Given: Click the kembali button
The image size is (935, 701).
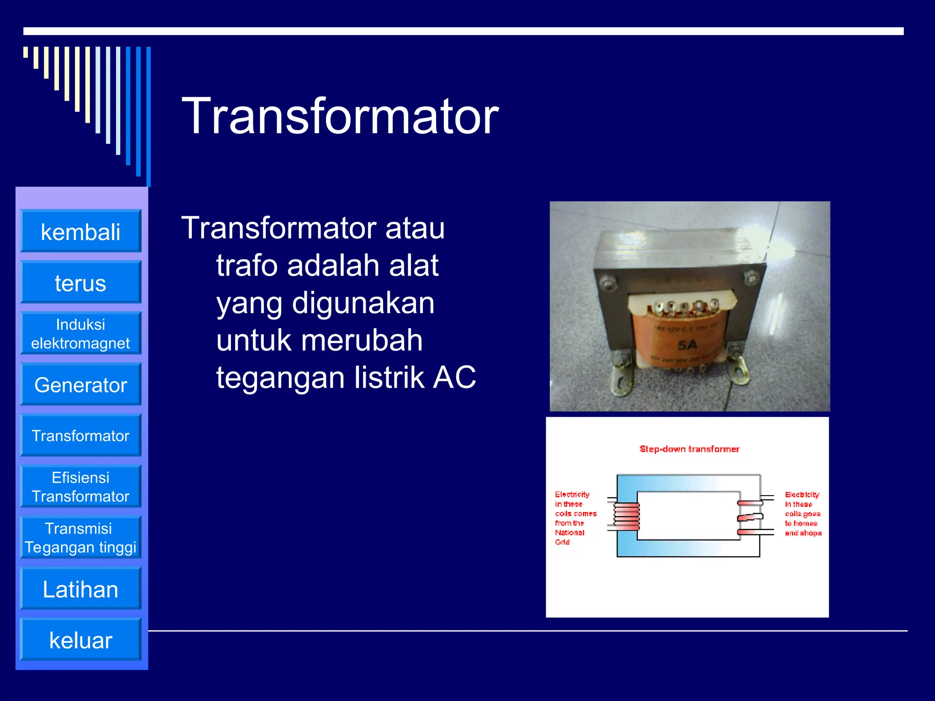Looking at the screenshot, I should [x=80, y=231].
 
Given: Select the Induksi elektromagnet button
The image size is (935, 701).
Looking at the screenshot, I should [x=80, y=334].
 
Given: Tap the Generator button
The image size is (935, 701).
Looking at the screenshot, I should [x=80, y=385].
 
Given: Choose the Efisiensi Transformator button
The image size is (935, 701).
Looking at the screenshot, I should [x=80, y=487].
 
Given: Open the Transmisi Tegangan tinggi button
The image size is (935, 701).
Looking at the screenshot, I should [x=80, y=538].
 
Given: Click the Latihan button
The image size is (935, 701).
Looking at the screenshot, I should [x=80, y=589].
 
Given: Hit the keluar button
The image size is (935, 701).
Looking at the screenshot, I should [x=80, y=640].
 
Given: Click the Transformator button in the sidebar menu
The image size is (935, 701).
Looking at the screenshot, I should [x=80, y=436].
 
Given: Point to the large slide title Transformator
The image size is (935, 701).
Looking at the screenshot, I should [x=340, y=116].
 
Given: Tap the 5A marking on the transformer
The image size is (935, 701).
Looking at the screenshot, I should [x=687, y=345].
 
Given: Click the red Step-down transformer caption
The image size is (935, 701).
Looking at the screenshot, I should [x=689, y=449].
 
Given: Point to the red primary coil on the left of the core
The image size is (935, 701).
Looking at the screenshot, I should [x=626, y=516].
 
